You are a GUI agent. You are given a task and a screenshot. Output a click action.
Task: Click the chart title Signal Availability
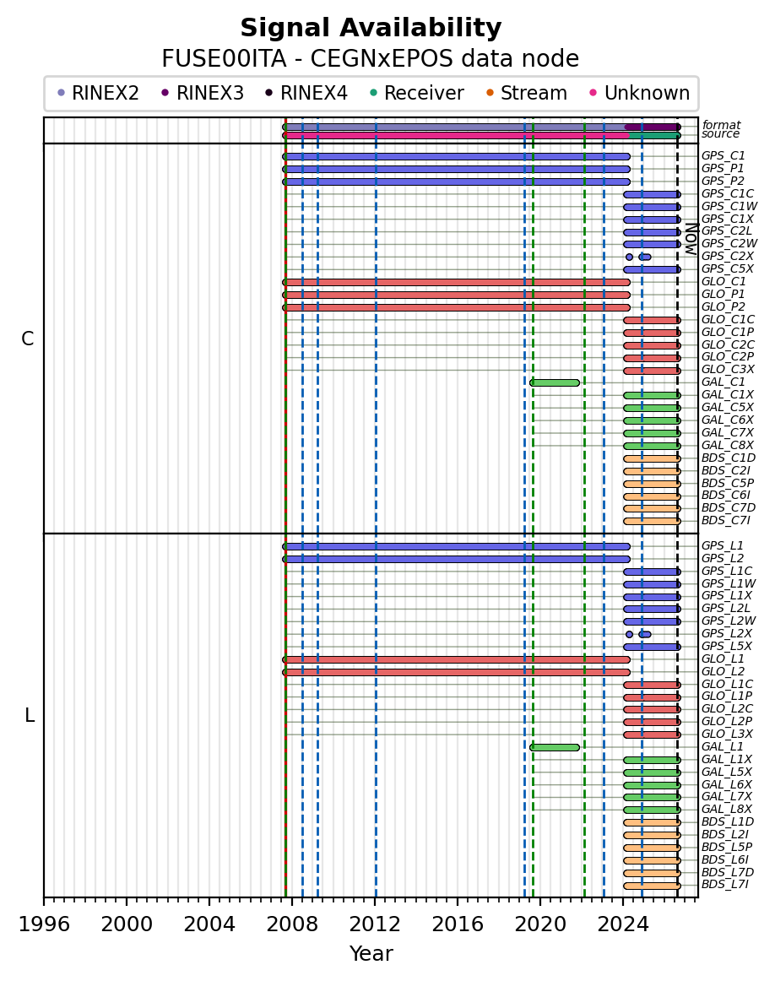point(371,28)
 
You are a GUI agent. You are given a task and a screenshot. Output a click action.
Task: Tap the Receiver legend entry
point(416,93)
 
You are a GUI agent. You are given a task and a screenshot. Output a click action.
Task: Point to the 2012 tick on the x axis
point(376,901)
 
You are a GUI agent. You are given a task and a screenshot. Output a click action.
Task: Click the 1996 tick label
point(44,924)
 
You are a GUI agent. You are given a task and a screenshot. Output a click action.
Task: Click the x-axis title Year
point(371,953)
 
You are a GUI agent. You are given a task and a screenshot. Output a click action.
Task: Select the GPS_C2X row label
point(728,256)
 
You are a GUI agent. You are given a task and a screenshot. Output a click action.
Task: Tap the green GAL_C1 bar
point(555,382)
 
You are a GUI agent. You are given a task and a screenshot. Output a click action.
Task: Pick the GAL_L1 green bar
point(555,747)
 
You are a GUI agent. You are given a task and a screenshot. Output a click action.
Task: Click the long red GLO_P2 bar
point(457,307)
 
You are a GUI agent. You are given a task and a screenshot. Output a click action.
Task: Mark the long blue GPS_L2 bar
point(457,560)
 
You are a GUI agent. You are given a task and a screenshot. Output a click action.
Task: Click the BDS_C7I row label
point(725,521)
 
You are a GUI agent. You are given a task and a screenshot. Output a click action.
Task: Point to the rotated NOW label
point(691,238)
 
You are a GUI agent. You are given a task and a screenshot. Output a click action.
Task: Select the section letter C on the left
point(28,339)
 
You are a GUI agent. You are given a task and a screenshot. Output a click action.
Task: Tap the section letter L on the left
point(29,715)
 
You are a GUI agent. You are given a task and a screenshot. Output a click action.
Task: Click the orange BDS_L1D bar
point(652,823)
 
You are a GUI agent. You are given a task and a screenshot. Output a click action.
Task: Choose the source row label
point(721,134)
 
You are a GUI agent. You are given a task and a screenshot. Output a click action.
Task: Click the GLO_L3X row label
point(727,734)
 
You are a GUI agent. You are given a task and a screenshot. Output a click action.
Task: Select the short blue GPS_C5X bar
point(652,269)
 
